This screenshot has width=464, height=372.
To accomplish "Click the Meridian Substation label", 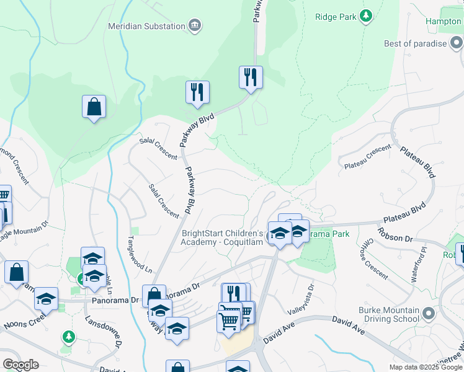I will coord(146,26).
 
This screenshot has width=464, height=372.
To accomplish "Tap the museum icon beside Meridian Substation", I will coord(195,25).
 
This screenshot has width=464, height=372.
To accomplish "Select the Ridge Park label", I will coord(336,17).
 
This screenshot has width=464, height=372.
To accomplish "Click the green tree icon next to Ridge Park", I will coord(367,15).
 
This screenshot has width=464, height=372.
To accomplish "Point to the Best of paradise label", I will coord(415,43).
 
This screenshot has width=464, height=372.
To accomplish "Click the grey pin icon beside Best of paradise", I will coord(457,43).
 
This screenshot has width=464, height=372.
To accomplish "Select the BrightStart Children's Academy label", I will coord(223,237).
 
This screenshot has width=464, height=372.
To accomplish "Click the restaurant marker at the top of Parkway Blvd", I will coord(251,78).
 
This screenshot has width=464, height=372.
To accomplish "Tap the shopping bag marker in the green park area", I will coord(94,107).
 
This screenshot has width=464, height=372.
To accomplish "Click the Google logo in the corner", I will coord(20,365).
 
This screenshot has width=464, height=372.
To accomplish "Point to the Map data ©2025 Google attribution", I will coord(426,367).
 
